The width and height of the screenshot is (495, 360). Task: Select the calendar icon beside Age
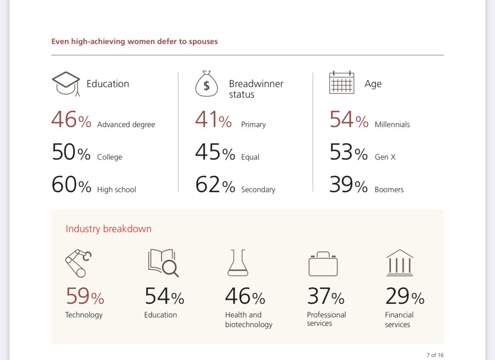[x=341, y=82]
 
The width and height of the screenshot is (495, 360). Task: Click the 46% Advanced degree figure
[x=71, y=120]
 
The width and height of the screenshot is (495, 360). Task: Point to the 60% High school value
[x=71, y=185]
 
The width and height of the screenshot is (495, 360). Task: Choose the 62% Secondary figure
[x=215, y=185]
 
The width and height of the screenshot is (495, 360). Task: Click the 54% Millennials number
[x=348, y=120]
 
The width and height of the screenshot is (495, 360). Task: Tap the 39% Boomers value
[x=348, y=185]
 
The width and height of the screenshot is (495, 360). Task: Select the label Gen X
[x=385, y=157]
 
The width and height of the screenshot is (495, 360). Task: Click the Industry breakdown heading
[x=108, y=229]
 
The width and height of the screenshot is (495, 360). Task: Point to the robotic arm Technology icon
[x=78, y=263]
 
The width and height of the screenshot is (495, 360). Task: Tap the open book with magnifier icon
[x=163, y=263]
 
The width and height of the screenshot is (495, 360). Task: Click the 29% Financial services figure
[x=404, y=296]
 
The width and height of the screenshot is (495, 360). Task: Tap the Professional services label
[x=326, y=319]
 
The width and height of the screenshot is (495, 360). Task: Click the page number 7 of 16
[x=435, y=355]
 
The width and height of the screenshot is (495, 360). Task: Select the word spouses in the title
[x=203, y=42]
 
